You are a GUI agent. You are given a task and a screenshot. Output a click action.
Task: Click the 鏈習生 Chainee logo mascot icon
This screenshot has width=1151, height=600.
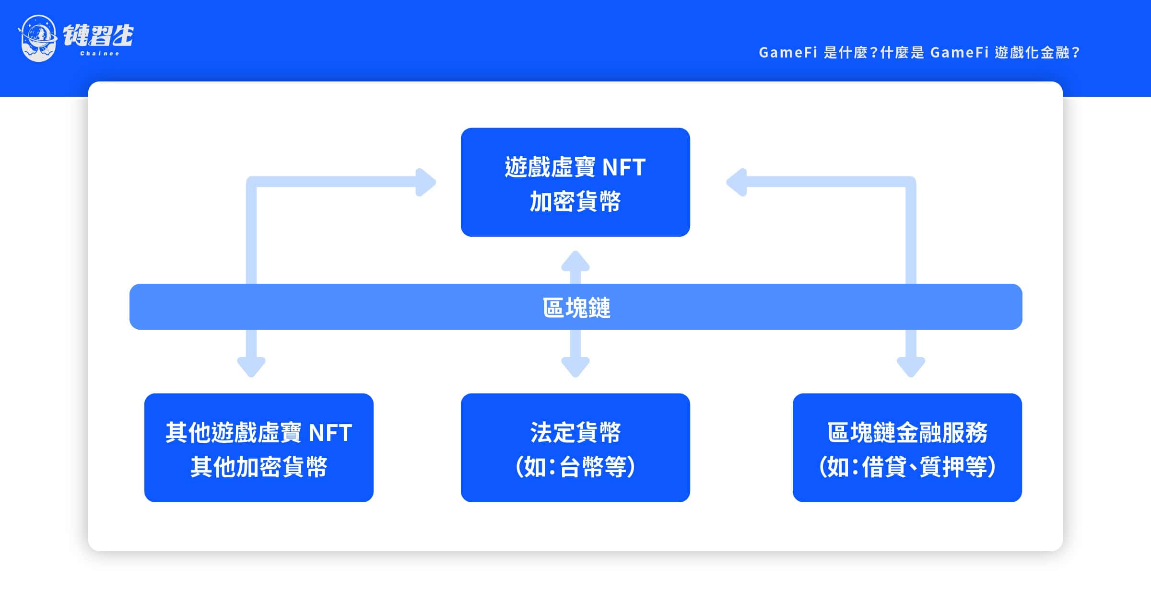point(38,38)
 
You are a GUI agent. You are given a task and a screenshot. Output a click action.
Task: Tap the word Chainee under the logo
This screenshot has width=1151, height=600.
point(99,53)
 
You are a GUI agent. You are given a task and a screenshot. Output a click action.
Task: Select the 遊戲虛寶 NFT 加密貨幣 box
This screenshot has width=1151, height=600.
point(575,182)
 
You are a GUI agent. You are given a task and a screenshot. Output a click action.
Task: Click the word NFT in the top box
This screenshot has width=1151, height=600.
point(624,167)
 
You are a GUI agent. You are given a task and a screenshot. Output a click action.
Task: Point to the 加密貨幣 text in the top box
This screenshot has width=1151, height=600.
point(575,201)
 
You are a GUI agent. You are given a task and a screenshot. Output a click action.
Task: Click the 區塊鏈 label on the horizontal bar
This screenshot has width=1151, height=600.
point(576,307)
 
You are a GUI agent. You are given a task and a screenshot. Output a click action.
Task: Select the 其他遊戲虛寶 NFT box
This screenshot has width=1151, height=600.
point(259,448)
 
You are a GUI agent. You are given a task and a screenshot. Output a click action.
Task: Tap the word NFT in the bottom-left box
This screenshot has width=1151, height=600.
point(330,433)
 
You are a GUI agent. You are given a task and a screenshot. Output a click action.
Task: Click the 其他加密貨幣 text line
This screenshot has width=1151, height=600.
point(259,467)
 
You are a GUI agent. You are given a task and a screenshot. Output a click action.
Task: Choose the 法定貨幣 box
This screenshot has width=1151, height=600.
point(575,448)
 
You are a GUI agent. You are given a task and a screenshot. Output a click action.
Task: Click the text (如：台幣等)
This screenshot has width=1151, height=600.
point(575,467)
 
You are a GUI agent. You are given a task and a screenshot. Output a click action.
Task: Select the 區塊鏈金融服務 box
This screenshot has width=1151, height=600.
point(907,448)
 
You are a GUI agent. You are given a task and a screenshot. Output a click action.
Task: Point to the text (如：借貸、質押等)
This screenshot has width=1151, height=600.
point(907,467)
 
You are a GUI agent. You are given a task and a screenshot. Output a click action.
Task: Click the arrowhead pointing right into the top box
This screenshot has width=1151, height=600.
point(425,182)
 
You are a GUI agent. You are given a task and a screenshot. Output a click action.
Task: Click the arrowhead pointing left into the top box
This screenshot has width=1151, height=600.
point(737,182)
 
